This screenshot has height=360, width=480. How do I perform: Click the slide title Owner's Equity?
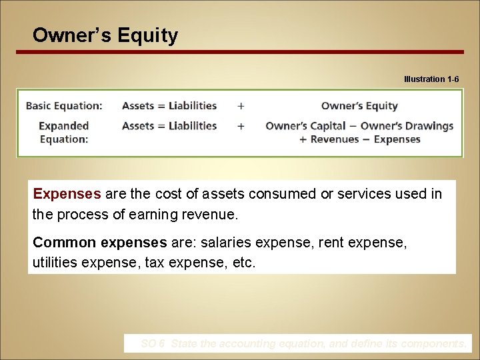click(105, 35)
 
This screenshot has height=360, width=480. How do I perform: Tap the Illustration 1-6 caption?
click(431, 79)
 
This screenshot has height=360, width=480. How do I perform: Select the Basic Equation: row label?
click(64, 106)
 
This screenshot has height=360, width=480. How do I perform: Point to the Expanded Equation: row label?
click(63, 132)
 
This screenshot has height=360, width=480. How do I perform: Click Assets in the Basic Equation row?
click(138, 106)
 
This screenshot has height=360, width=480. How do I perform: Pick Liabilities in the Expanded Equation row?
click(193, 126)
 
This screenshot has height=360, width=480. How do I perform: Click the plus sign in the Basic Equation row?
click(241, 106)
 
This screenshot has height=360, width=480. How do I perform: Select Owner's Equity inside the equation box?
click(359, 106)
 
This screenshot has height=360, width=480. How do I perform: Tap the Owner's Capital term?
click(305, 126)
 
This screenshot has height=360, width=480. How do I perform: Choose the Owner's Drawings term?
click(407, 126)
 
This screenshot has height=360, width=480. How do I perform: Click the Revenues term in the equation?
click(335, 139)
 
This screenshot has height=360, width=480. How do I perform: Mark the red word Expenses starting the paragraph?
click(67, 194)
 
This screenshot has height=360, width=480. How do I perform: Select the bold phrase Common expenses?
click(99, 242)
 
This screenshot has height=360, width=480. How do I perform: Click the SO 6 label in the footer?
click(153, 344)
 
